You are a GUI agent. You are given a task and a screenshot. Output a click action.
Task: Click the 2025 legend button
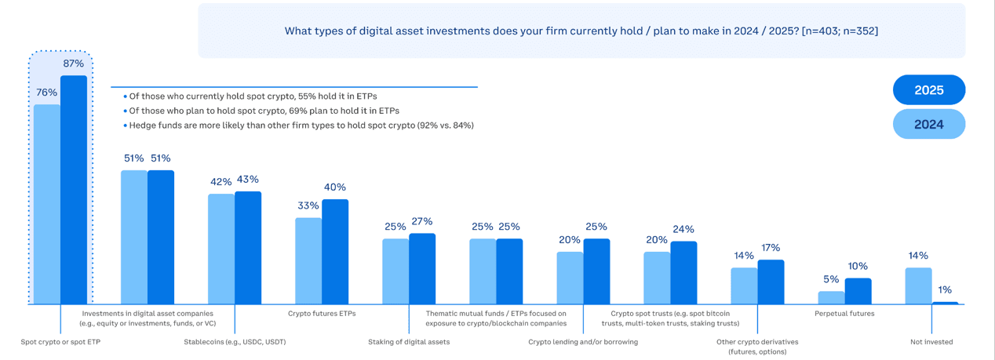pyautogui.click(x=928, y=90)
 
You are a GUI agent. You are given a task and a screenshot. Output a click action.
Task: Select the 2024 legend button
pyautogui.click(x=928, y=125)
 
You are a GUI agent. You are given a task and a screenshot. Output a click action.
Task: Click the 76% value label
pyautogui.click(x=46, y=93)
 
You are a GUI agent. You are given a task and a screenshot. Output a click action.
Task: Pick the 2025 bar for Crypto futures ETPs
pyautogui.click(x=335, y=252)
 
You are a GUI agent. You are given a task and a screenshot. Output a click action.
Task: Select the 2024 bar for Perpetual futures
pyautogui.click(x=831, y=298)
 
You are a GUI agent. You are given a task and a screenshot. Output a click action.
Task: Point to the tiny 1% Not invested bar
pyautogui.click(x=945, y=303)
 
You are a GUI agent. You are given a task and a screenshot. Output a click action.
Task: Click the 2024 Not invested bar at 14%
pyautogui.click(x=918, y=286)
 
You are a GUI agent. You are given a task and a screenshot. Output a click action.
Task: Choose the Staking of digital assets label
pyautogui.click(x=409, y=342)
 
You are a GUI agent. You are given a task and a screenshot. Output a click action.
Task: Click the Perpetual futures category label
pyautogui.click(x=844, y=314)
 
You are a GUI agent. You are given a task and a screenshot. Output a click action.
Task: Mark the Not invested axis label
pyautogui.click(x=931, y=342)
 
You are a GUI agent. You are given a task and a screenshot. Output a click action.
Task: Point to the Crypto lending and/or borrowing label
pyautogui.click(x=583, y=342)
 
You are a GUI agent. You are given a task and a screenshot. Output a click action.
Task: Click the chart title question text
pyautogui.click(x=581, y=31)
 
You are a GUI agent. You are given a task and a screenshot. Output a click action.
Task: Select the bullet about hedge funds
pyautogui.click(x=301, y=125)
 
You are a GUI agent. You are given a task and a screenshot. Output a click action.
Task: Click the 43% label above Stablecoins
pyautogui.click(x=248, y=180)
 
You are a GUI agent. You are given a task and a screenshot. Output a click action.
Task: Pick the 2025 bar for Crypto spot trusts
pyautogui.click(x=683, y=273)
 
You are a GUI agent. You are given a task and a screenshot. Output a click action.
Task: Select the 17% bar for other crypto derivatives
pyautogui.click(x=771, y=282)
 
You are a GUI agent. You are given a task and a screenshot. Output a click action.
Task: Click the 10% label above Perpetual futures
pyautogui.click(x=858, y=266)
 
